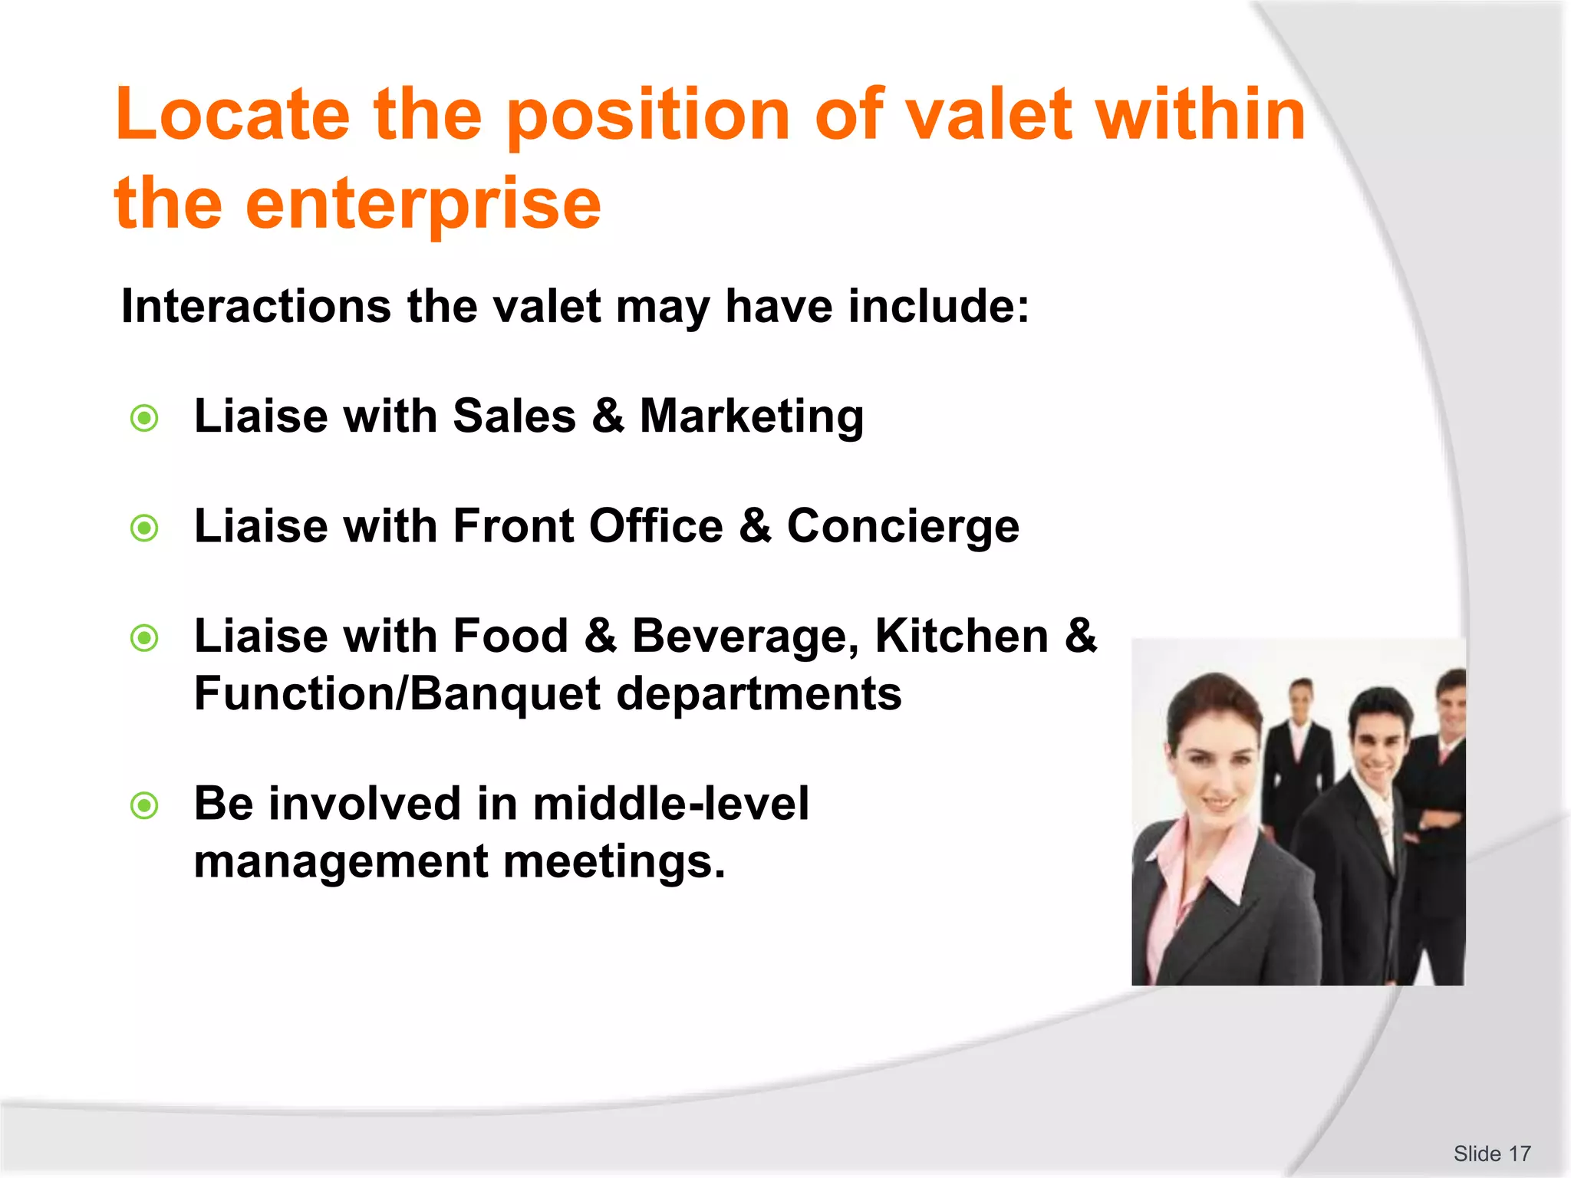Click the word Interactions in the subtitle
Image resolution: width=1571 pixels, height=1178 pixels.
tap(256, 306)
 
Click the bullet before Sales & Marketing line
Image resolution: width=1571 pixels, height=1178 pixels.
tap(144, 419)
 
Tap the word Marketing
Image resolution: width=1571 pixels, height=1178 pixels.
tap(751, 416)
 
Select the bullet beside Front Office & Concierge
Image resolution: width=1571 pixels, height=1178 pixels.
tap(144, 528)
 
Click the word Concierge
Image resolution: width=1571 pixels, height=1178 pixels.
tap(903, 526)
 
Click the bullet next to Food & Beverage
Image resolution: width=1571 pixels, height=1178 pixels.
tap(144, 638)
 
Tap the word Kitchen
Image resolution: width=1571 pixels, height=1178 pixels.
tap(961, 636)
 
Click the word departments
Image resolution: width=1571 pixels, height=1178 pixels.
tap(759, 694)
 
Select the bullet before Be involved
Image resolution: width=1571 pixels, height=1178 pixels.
tap(144, 806)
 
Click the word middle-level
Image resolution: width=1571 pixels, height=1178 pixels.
tap(670, 804)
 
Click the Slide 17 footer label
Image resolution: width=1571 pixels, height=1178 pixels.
tap(1491, 1153)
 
